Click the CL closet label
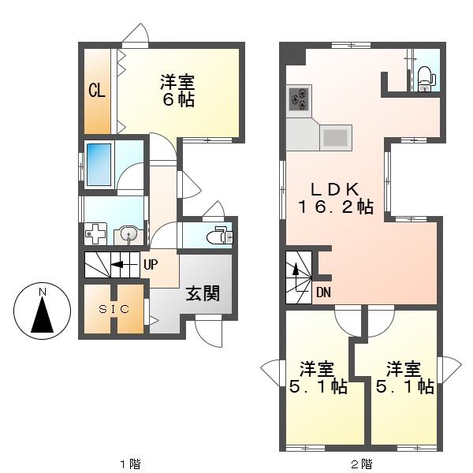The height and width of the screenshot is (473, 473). (x=97, y=91)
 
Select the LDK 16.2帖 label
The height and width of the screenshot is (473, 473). (x=335, y=199)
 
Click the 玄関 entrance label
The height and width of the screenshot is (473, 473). (x=202, y=294)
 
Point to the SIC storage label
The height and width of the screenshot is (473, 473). (x=114, y=309)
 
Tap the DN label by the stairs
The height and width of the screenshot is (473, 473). (x=324, y=292)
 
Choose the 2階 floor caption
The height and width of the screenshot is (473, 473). (x=361, y=463)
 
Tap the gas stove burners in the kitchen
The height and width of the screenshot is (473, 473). (x=300, y=99)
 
